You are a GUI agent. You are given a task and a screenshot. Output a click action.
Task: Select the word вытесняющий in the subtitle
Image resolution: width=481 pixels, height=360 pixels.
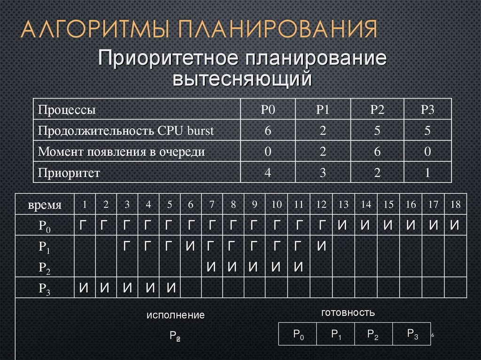[242, 78]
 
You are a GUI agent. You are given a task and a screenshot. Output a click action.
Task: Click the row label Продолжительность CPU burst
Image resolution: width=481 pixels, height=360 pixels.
[126, 130]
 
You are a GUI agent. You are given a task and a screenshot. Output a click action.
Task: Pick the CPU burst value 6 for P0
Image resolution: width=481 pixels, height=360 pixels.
[268, 130]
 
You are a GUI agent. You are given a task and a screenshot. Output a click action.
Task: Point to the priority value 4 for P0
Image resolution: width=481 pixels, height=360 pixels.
[268, 172]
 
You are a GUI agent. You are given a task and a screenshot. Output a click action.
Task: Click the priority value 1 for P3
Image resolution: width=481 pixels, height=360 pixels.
[427, 172]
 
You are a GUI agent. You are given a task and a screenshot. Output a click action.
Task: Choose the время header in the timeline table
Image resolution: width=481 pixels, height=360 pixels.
[45, 205]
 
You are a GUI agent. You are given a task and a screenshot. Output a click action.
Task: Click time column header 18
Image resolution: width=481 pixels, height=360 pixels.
[454, 205]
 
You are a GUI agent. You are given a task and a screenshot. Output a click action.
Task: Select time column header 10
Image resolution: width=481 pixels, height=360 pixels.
[276, 205]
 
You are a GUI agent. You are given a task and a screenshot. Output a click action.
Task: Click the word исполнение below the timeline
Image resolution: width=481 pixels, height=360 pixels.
[175, 315]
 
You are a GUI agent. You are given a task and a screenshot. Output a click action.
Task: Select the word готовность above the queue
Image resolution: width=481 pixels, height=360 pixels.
[348, 312]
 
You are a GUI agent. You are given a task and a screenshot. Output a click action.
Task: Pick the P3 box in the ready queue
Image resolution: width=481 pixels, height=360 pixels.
[412, 334]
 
